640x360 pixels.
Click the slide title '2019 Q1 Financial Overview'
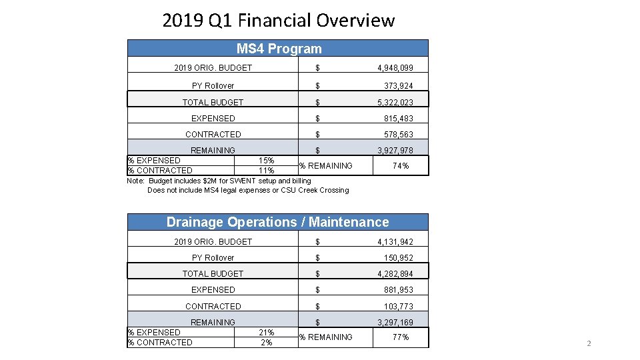tap(278, 21)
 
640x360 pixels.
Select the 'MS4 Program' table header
tap(279, 49)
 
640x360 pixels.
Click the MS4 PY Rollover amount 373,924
tap(398, 86)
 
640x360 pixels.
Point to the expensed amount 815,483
tap(398, 119)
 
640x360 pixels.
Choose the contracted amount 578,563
tap(398, 135)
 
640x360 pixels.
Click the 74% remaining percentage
tap(400, 166)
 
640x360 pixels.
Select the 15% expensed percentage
tap(266, 161)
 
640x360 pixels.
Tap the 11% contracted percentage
tap(266, 171)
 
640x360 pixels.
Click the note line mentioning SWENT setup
tap(219, 181)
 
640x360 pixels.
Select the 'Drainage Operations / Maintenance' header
tap(277, 222)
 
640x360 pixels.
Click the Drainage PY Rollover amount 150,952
tap(398, 258)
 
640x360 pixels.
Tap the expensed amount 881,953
tap(398, 290)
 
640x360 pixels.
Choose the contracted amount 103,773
tap(398, 307)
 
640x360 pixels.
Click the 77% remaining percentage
tap(400, 337)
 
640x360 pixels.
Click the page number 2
tap(588, 343)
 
